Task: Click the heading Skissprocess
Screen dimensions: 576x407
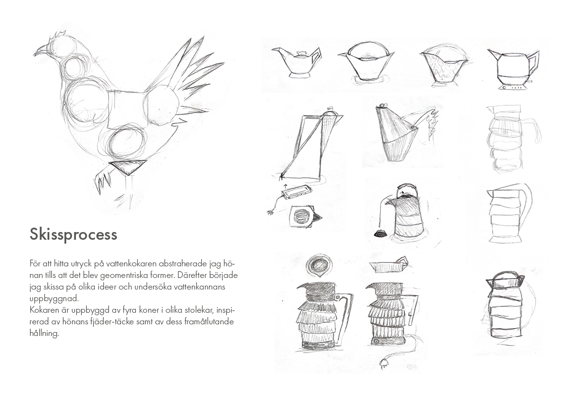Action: tap(74, 234)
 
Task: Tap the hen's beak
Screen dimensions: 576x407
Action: tap(41, 50)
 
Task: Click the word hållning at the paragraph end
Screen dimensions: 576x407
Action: tap(44, 334)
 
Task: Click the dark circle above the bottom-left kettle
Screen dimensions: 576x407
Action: tap(319, 265)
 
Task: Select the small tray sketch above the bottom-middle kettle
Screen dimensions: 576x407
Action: tap(389, 265)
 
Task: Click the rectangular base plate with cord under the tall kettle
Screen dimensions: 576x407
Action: tap(296, 191)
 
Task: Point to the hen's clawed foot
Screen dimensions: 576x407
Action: tap(103, 180)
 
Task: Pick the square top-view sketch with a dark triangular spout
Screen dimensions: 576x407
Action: tap(305, 216)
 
